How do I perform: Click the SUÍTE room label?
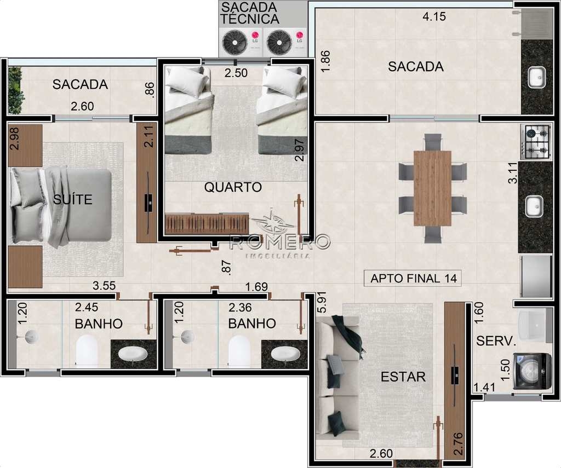[73, 199]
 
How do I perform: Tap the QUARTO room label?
[233, 187]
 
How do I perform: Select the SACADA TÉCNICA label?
[250, 13]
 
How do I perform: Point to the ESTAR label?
[403, 377]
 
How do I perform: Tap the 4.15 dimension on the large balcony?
[434, 16]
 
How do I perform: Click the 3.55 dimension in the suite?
[104, 286]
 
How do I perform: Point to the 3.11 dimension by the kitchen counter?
[513, 172]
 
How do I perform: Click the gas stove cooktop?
[537, 142]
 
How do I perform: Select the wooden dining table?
[432, 188]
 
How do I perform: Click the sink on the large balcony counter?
[537, 77]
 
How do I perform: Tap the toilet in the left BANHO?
[87, 351]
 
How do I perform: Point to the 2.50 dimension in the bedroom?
[236, 73]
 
